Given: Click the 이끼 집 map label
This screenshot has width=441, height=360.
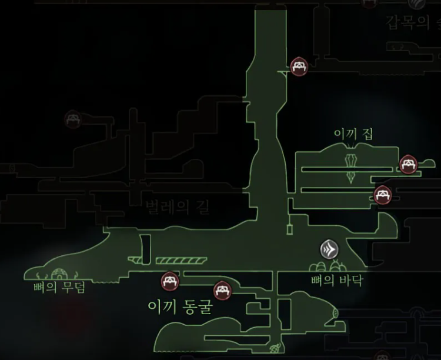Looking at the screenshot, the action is point(353,135).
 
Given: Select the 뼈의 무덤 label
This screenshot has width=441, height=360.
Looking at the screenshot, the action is point(60,288).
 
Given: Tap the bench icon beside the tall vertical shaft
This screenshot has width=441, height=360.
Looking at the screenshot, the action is point(298,66).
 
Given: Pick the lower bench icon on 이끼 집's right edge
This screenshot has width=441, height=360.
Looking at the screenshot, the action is point(382,195).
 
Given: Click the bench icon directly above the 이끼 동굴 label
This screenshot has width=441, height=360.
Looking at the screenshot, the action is point(169,281).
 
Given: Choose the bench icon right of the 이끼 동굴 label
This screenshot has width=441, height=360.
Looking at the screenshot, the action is point(222,290).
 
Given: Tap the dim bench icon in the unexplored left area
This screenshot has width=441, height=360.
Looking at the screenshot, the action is point(72,119).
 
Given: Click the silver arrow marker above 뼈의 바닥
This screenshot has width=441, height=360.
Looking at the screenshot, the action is point(330,249).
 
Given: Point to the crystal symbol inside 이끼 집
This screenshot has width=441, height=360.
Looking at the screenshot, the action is point(352,166).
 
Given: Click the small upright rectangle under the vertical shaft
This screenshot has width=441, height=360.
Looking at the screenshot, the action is point(289,228).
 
